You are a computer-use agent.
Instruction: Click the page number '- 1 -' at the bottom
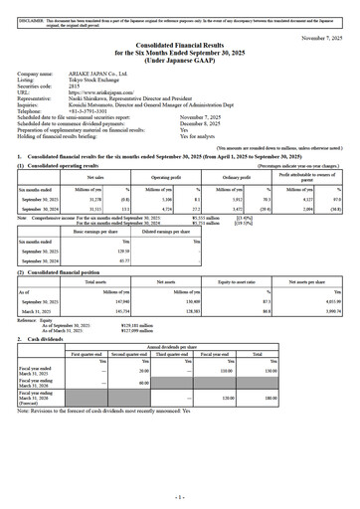(179, 496)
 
